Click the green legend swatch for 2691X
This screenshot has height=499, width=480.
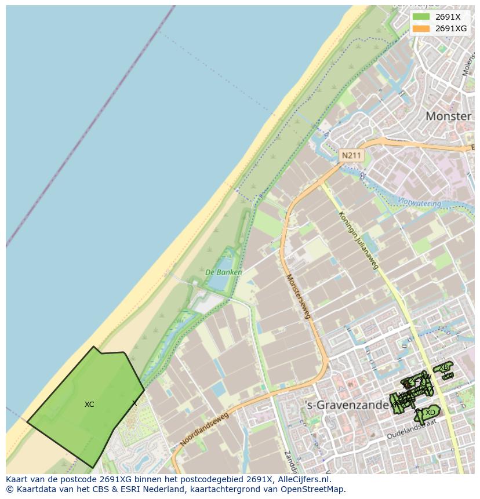click(x=421, y=17)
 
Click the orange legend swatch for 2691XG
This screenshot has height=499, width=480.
click(x=421, y=28)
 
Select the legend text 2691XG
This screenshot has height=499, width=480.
click(x=451, y=28)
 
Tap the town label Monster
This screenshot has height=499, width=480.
click(x=448, y=116)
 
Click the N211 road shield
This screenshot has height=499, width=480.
click(x=351, y=155)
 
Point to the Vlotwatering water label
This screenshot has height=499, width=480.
click(x=420, y=203)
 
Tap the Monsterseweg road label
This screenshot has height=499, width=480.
click(x=299, y=296)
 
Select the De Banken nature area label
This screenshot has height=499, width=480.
click(x=224, y=272)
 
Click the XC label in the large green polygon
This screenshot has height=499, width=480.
click(x=89, y=405)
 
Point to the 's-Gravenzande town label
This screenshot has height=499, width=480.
click(x=346, y=405)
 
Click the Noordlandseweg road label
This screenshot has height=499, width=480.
click(x=205, y=429)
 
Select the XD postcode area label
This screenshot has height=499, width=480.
click(x=430, y=413)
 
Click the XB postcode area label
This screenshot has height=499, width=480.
click(x=443, y=367)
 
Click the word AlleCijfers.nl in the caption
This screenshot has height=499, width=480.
click(x=302, y=479)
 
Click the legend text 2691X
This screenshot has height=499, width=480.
click(x=448, y=17)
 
